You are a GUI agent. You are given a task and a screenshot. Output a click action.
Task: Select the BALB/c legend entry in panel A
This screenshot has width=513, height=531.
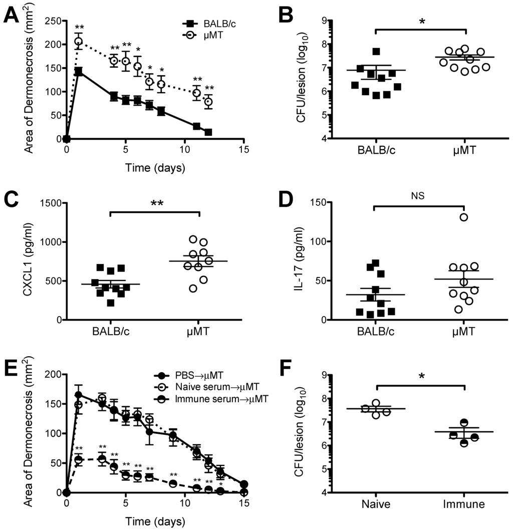(203, 23)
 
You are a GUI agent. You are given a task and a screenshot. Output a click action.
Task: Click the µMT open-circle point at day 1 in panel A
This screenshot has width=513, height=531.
(78, 42)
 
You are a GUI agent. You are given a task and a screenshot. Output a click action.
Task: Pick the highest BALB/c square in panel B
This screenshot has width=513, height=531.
(376, 51)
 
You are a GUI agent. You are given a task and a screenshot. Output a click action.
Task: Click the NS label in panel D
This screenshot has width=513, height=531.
(420, 197)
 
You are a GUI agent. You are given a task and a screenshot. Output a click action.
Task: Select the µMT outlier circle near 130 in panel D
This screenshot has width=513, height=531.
(464, 217)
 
